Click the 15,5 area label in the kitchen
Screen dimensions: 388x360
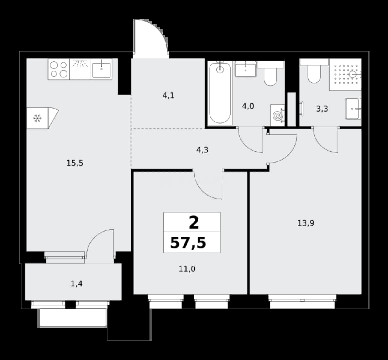pyautogui.click(x=75, y=163)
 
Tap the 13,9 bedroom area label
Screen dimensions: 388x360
pyautogui.click(x=306, y=223)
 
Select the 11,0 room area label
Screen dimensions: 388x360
pyautogui.click(x=187, y=269)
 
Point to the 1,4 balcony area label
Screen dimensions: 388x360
pyautogui.click(x=77, y=284)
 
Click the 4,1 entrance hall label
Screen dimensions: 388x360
pyautogui.click(x=168, y=95)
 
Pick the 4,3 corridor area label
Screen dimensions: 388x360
pyautogui.click(x=203, y=150)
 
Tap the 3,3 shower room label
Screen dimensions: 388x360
pyautogui.click(x=322, y=109)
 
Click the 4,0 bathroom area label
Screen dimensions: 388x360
pyautogui.click(x=248, y=106)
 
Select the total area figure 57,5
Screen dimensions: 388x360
pyautogui.click(x=188, y=243)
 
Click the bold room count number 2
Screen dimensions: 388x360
pyautogui.click(x=194, y=223)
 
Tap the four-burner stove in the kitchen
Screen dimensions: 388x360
pyautogui.click(x=59, y=69)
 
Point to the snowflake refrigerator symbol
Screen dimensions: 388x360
pyautogui.click(x=37, y=118)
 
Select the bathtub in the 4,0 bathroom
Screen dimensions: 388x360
pyautogui.click(x=220, y=93)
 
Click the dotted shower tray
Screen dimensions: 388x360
pyautogui.click(x=345, y=74)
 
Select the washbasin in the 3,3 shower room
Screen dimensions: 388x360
pyautogui.click(x=353, y=109)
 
